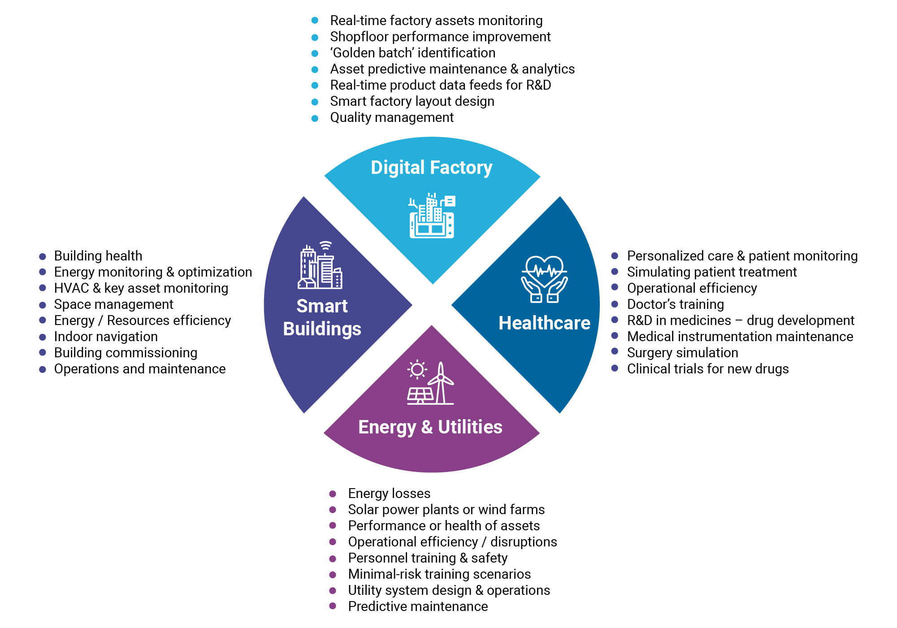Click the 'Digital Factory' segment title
(x=431, y=168)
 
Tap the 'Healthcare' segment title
(x=544, y=323)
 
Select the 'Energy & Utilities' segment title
(x=430, y=427)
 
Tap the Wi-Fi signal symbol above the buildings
(x=326, y=246)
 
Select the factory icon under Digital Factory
(x=432, y=216)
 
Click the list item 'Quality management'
(x=392, y=117)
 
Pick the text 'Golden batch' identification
(x=412, y=53)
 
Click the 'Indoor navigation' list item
(x=106, y=337)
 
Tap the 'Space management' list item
(x=113, y=304)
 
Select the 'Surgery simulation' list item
(x=682, y=353)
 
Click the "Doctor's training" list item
(x=675, y=304)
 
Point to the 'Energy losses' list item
(x=389, y=494)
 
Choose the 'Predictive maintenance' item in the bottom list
(x=418, y=606)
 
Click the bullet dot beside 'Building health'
(x=43, y=256)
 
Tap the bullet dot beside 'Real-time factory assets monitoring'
(x=315, y=21)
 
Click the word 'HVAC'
(x=71, y=288)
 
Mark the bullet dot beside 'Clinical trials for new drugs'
(x=615, y=368)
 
